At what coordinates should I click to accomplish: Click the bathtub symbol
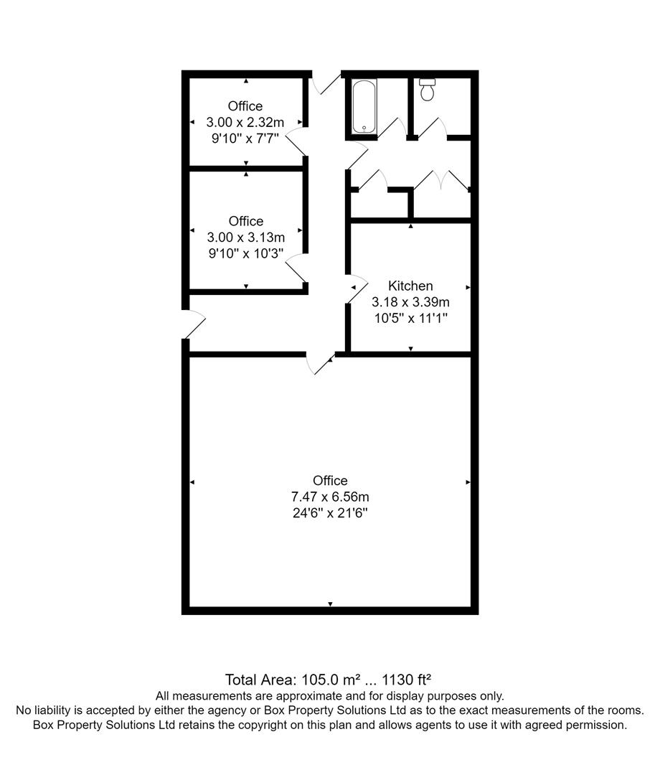pyautogui.click(x=364, y=106)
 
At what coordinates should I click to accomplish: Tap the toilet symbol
pyautogui.click(x=428, y=89)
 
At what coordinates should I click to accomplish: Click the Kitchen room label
pyautogui.click(x=410, y=286)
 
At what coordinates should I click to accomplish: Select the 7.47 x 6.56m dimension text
pyautogui.click(x=330, y=497)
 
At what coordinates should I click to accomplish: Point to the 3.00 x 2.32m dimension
pyautogui.click(x=245, y=122)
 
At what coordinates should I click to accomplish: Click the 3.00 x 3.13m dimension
pyautogui.click(x=246, y=237)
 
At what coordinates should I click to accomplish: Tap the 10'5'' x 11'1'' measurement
pyautogui.click(x=410, y=317)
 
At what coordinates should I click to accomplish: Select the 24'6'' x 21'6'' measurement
pyautogui.click(x=330, y=513)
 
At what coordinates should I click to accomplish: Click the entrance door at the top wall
pyautogui.click(x=327, y=82)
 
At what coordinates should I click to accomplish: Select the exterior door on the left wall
pyautogui.click(x=194, y=324)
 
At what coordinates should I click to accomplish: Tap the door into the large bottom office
pyautogui.click(x=320, y=363)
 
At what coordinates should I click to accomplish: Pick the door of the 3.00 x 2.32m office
pyautogui.click(x=296, y=144)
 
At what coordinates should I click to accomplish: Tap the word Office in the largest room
pyautogui.click(x=330, y=481)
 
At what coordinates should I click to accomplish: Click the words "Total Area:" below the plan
pyautogui.click(x=255, y=680)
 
